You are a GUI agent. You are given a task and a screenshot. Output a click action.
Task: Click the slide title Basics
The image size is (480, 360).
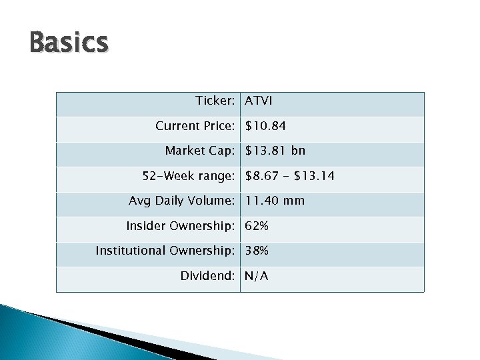[x=69, y=43]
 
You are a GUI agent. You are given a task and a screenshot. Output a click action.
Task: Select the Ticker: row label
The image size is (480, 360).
[x=215, y=101]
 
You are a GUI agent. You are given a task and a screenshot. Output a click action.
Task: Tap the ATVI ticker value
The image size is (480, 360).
[x=259, y=101]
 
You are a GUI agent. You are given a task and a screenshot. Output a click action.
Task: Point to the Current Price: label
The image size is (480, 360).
[x=195, y=126]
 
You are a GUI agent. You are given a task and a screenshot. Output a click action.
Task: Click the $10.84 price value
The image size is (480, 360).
[x=266, y=126]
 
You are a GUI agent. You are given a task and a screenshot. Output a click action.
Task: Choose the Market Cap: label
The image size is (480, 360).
[x=199, y=151]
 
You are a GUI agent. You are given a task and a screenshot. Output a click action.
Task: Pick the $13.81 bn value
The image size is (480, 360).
[x=275, y=151]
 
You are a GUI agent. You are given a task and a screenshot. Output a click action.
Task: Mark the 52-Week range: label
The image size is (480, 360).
[x=189, y=176]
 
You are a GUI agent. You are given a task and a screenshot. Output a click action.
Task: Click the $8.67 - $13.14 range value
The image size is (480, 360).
[x=290, y=176]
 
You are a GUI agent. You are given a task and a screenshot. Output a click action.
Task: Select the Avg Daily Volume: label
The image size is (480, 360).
[x=181, y=201]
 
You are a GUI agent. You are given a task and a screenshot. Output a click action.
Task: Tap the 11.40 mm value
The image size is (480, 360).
[x=275, y=201]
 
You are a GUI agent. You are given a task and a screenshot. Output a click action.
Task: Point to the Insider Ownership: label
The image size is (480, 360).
[x=180, y=226]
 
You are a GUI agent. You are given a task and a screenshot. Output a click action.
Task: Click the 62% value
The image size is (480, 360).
[x=257, y=226]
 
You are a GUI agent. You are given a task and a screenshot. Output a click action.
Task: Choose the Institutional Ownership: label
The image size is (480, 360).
[x=165, y=251]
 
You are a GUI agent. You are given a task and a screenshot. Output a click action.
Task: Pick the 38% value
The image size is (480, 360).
[x=257, y=251]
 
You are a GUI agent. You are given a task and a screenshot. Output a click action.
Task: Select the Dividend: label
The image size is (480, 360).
[x=207, y=276]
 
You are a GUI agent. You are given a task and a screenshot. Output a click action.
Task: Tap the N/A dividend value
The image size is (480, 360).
[x=257, y=276]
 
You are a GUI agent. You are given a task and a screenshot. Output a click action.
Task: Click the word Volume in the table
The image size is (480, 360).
[x=211, y=201]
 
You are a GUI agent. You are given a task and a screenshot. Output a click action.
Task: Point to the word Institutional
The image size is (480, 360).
[x=131, y=251]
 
